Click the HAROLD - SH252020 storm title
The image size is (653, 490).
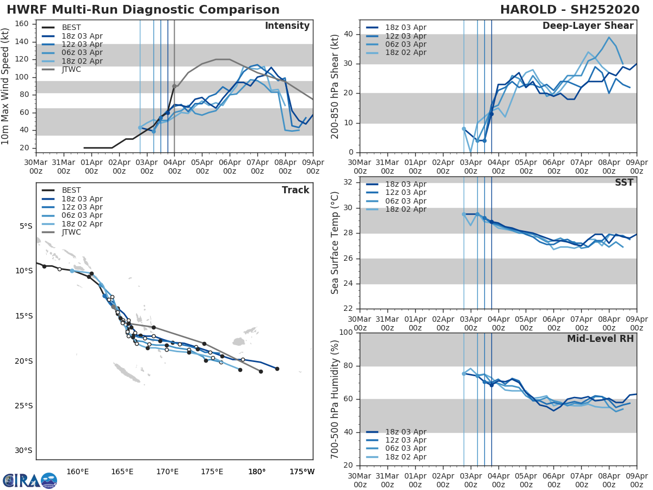click(570, 10)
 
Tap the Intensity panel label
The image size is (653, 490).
click(287, 26)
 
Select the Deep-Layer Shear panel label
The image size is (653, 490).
click(588, 26)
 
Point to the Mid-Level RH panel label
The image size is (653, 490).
click(600, 339)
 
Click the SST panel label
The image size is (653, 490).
click(624, 183)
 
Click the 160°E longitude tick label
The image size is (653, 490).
click(77, 471)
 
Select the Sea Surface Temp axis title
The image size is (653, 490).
click(335, 242)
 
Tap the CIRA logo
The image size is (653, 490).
click(30, 481)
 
